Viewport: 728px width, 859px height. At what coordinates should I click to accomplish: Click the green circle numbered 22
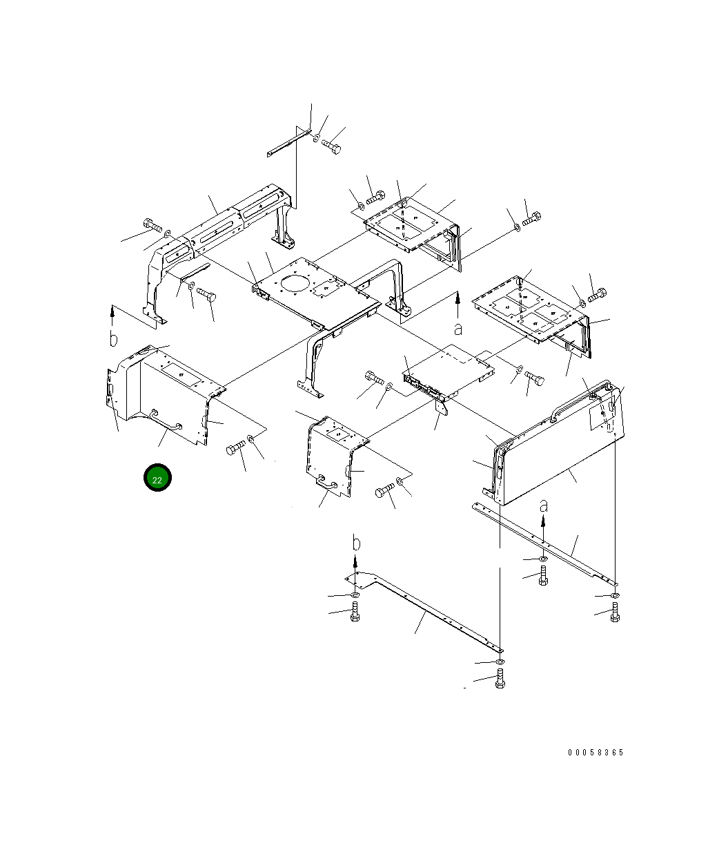coord(157,479)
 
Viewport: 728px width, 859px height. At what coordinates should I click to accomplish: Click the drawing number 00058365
coord(595,752)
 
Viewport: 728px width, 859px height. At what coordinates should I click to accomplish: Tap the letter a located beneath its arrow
coord(458,329)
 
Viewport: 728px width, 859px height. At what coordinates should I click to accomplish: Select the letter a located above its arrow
coord(544,505)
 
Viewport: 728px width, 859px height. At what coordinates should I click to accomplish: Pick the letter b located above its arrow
coord(356,543)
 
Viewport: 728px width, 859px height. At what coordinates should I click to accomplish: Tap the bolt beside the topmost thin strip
coord(332,146)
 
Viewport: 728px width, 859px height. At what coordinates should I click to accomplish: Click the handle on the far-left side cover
coord(166,421)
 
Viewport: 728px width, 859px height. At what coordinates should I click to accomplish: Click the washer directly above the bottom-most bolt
coord(499,662)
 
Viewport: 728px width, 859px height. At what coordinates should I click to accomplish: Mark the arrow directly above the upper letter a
coord(458,304)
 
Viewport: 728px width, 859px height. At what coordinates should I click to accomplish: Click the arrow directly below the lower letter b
coord(356,566)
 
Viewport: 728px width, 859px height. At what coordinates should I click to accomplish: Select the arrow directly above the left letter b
coord(112,316)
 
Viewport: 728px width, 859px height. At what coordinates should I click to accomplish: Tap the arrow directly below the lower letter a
coord(544,530)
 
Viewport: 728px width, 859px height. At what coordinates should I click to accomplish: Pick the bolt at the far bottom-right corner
coord(614,612)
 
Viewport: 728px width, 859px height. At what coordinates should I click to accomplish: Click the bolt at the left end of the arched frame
coord(153,224)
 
